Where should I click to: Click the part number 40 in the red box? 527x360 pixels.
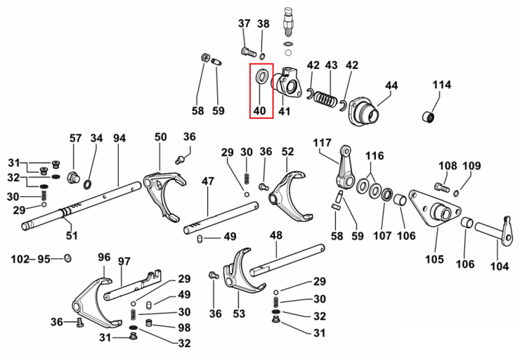click(x=259, y=110)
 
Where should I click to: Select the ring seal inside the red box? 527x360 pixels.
click(x=263, y=76)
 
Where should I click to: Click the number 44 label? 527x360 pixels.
click(x=391, y=86)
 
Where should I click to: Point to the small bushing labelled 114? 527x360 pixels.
click(x=428, y=117)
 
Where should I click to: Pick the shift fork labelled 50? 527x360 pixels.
click(x=164, y=196)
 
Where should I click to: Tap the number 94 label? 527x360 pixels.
click(x=119, y=138)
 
